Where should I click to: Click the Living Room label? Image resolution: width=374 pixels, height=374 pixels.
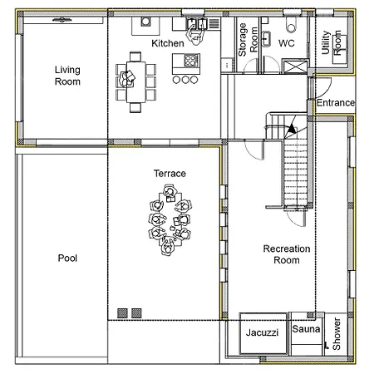tap(67, 76)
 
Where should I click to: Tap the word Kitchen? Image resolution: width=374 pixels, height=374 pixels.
tap(168, 43)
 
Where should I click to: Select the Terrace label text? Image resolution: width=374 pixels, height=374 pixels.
tap(170, 174)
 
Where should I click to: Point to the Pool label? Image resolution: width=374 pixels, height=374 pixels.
tap(67, 258)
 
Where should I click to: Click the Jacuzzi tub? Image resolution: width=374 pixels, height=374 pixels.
tap(263, 333)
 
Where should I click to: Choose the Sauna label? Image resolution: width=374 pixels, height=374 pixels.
tap(306, 329)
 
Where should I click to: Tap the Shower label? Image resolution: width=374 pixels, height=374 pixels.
tap(337, 334)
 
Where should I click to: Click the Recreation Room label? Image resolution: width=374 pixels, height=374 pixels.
tap(287, 254)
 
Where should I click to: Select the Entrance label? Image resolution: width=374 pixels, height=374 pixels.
tap(336, 103)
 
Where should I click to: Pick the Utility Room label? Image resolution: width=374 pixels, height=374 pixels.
tap(331, 42)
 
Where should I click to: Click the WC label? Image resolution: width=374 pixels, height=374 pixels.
tap(286, 43)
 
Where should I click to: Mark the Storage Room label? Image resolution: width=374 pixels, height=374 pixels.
tap(248, 40)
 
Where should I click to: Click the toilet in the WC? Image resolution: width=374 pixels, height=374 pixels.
tap(291, 25)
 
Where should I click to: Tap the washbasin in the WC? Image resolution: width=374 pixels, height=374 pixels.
tap(266, 39)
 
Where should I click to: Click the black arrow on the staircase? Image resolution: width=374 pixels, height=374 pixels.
tap(291, 129)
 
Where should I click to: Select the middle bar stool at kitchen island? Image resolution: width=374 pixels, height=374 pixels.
tap(185, 80)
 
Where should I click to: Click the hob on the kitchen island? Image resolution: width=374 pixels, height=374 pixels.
tap(191, 60)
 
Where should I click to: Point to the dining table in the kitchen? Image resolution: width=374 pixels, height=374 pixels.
tap(135, 81)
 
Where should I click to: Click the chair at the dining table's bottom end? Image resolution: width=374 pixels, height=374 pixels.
tap(135, 107)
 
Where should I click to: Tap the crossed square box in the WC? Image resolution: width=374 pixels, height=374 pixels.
tap(296, 66)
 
